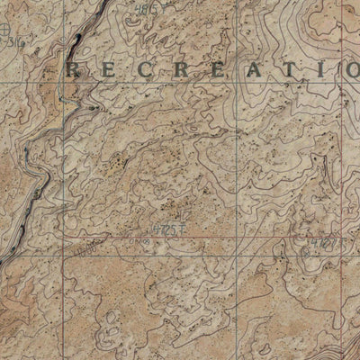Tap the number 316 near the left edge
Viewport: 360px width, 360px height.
[x=13, y=42]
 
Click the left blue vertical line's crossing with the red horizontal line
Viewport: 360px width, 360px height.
[x=64, y=254]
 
